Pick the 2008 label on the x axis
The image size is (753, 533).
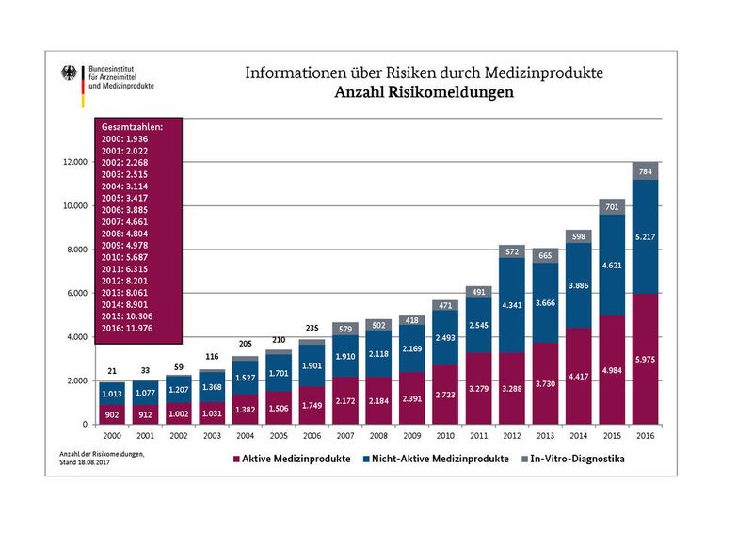378,438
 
